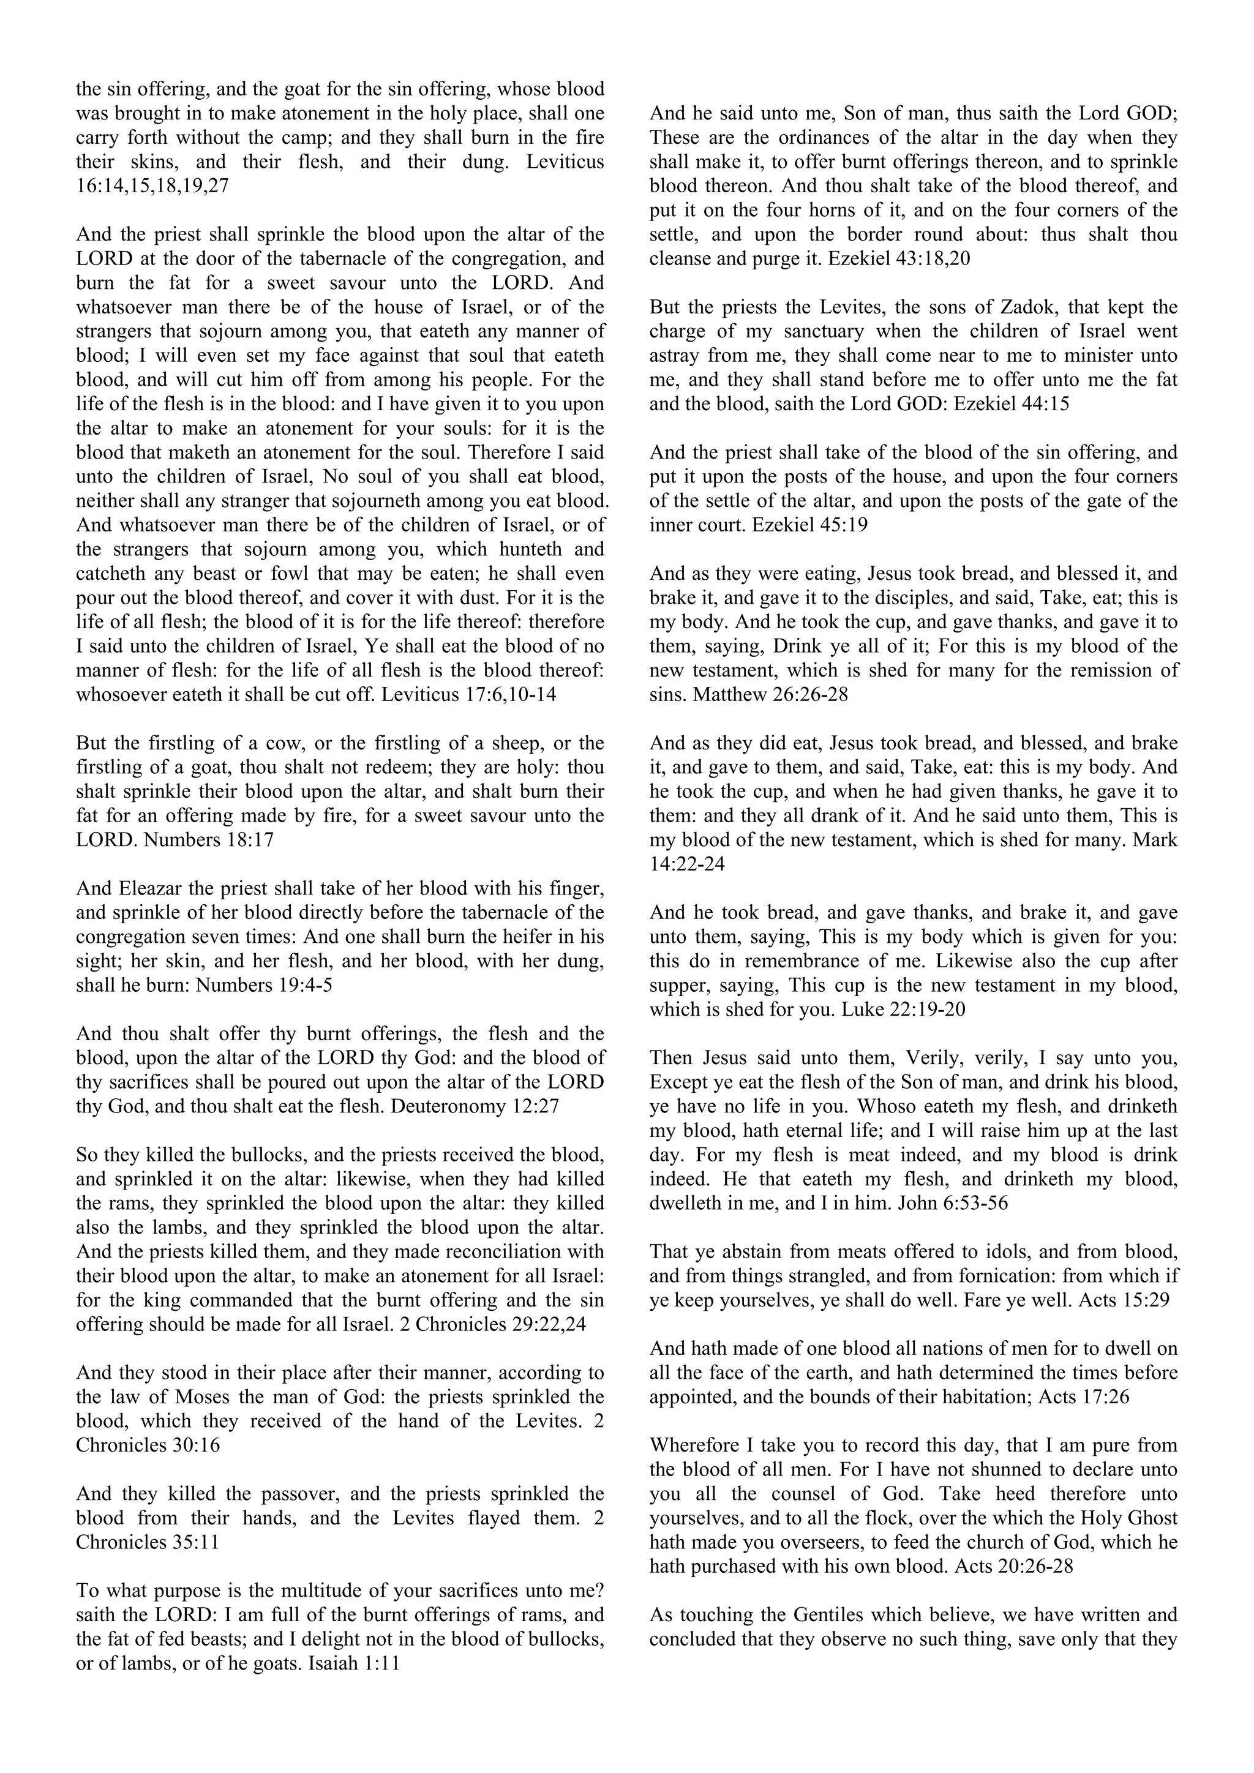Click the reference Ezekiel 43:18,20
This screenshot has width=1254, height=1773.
(899, 259)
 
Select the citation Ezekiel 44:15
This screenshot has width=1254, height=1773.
(1012, 404)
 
